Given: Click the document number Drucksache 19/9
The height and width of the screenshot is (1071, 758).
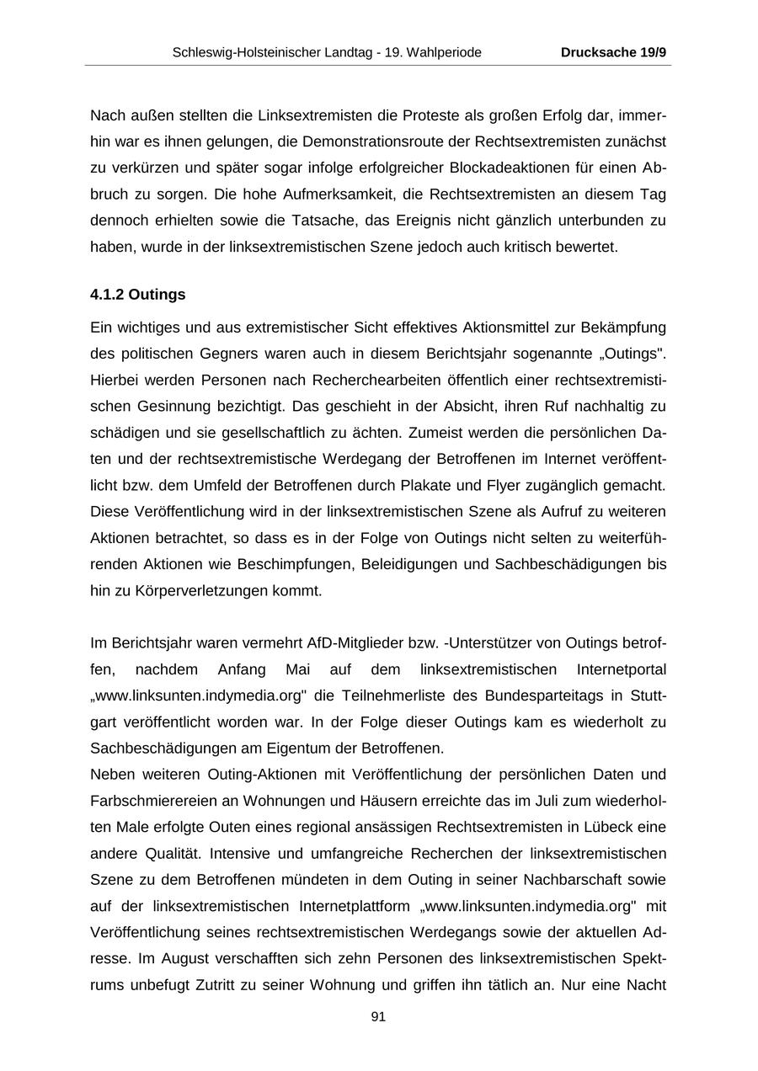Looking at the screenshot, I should click(613, 52).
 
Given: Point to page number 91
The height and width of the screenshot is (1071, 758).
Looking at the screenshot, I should click(378, 1017).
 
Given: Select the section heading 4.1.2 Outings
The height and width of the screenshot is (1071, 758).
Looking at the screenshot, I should click(137, 295).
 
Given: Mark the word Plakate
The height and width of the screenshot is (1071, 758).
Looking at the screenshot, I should click(430, 485).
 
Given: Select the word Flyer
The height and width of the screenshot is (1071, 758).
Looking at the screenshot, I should click(501, 485).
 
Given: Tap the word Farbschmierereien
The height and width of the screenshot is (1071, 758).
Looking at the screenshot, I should click(148, 801).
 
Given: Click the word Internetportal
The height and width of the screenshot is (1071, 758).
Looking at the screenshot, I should click(621, 669).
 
